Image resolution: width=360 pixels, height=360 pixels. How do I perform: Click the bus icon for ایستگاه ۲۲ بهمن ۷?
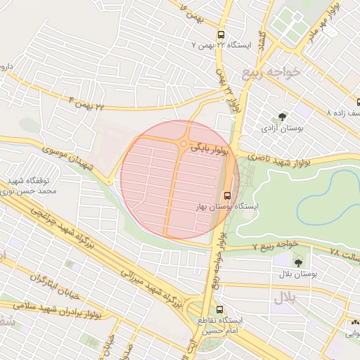coord(221,34)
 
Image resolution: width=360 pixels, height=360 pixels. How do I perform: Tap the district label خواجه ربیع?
coord(271,72)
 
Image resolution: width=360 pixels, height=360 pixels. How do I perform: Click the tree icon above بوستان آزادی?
coord(283,117)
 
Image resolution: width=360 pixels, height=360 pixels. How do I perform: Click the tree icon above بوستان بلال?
coord(298,261)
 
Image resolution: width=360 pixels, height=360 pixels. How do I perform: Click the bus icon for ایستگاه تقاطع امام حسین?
coord(220,309)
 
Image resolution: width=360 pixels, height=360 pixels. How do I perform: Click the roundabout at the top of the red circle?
coord(183,144)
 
